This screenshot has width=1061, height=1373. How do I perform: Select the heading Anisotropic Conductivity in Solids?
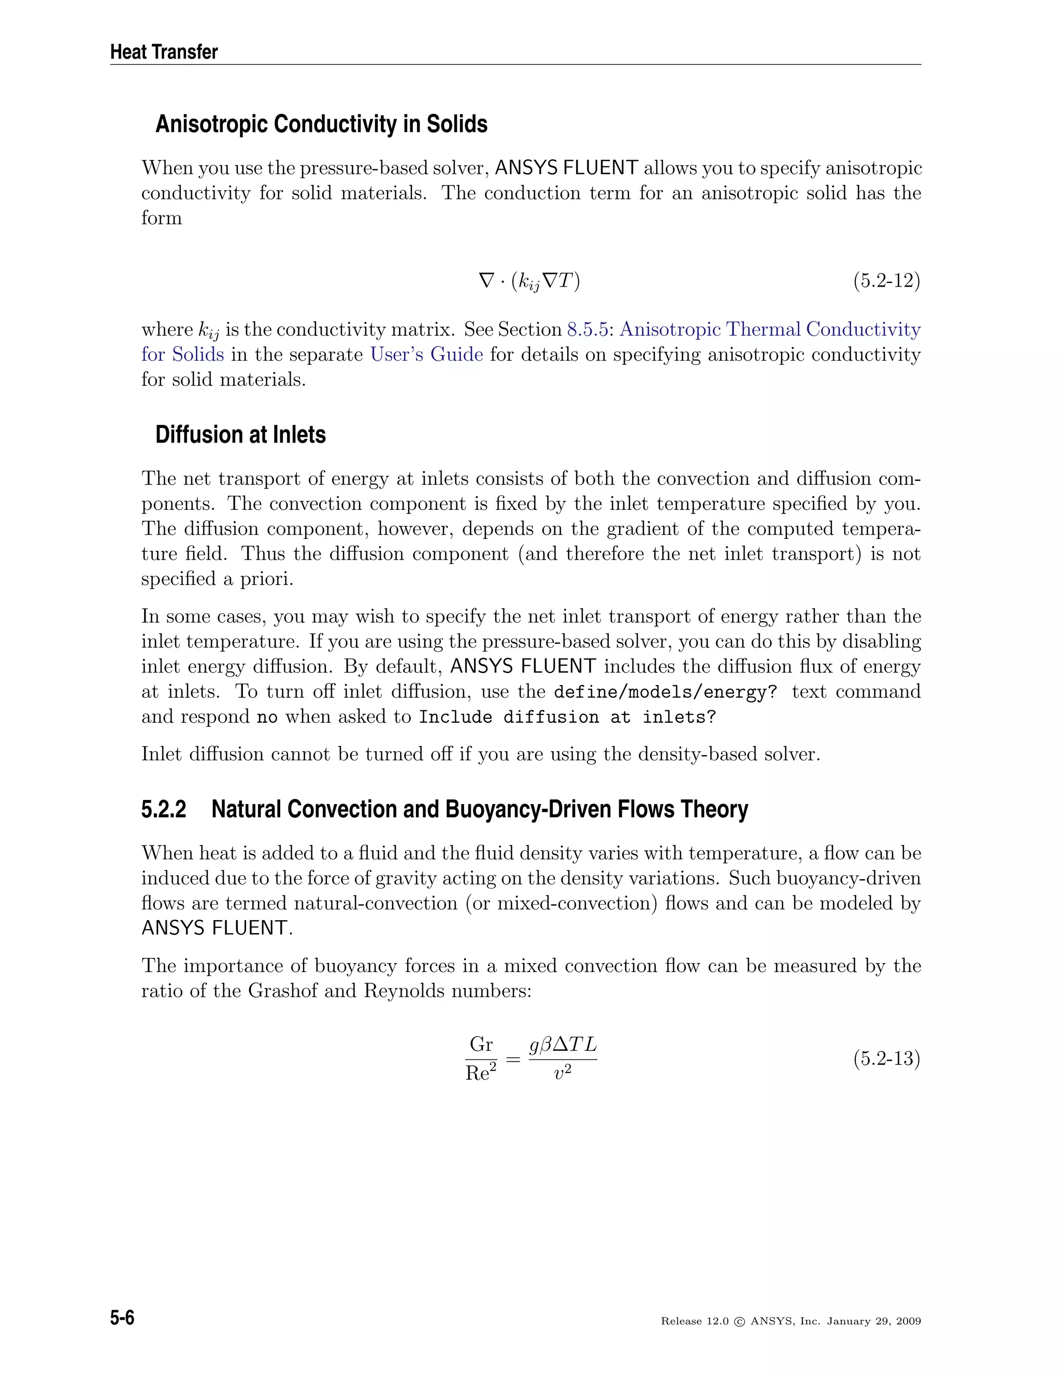click(x=321, y=124)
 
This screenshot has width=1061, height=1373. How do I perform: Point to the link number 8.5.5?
click(x=587, y=330)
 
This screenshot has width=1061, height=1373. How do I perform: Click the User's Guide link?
click(x=426, y=354)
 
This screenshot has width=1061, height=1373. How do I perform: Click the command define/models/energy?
click(x=665, y=692)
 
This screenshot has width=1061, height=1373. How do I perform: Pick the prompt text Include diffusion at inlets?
click(x=567, y=717)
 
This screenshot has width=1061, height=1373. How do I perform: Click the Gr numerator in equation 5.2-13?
click(x=481, y=1044)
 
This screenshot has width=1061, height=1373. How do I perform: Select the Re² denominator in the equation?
click(x=481, y=1073)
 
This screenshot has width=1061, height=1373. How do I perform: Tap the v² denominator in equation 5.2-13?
click(x=563, y=1073)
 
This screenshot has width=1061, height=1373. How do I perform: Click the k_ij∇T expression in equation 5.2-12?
click(x=545, y=281)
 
